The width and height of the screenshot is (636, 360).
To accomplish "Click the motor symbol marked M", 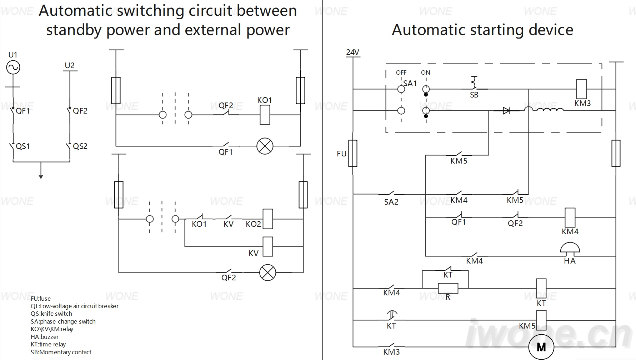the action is [x=541, y=347].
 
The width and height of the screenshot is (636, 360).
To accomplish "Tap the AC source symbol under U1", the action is [x=13, y=67].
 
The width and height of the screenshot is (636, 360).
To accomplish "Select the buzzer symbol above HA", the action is [x=570, y=249].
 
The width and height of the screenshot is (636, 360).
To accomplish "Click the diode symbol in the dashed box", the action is [x=506, y=111].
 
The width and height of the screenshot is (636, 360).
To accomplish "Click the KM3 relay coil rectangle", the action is [x=582, y=89].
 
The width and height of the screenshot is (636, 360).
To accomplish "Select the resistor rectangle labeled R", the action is [x=448, y=288].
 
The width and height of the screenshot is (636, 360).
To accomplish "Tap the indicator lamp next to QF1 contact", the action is [x=265, y=146].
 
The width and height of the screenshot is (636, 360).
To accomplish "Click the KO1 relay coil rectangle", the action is [x=265, y=115].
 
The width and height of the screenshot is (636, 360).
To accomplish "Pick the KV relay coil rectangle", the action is [x=267, y=246].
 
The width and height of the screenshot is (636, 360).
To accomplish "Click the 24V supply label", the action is [x=352, y=52].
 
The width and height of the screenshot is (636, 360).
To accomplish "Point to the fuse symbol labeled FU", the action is [x=353, y=154].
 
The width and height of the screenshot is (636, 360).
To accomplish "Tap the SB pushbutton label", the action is [x=474, y=95].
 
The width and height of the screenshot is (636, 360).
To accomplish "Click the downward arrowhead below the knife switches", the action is [x=41, y=176].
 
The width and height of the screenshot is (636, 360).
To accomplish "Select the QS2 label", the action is [x=80, y=146].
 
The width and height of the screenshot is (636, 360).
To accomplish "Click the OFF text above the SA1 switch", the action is [x=401, y=72].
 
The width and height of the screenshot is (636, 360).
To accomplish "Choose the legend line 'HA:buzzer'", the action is [x=45, y=337].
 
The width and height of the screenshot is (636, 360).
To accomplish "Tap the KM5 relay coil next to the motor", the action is [x=541, y=320].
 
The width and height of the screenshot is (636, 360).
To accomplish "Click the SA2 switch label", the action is [x=391, y=202].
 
